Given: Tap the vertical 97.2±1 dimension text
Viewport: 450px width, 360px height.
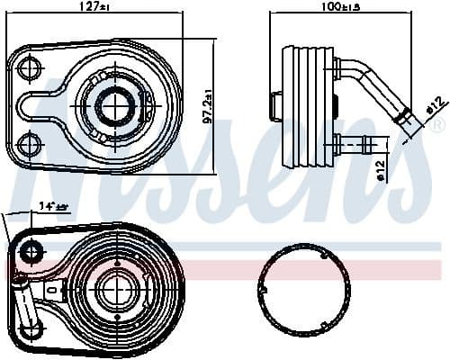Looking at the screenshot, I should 208,106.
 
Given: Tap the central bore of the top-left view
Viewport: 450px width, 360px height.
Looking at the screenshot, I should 113,104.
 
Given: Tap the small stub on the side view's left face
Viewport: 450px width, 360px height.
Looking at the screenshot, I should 274,106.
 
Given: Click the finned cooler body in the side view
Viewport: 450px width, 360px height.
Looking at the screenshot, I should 306,106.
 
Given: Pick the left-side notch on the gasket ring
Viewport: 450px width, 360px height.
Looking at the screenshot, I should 266,291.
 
